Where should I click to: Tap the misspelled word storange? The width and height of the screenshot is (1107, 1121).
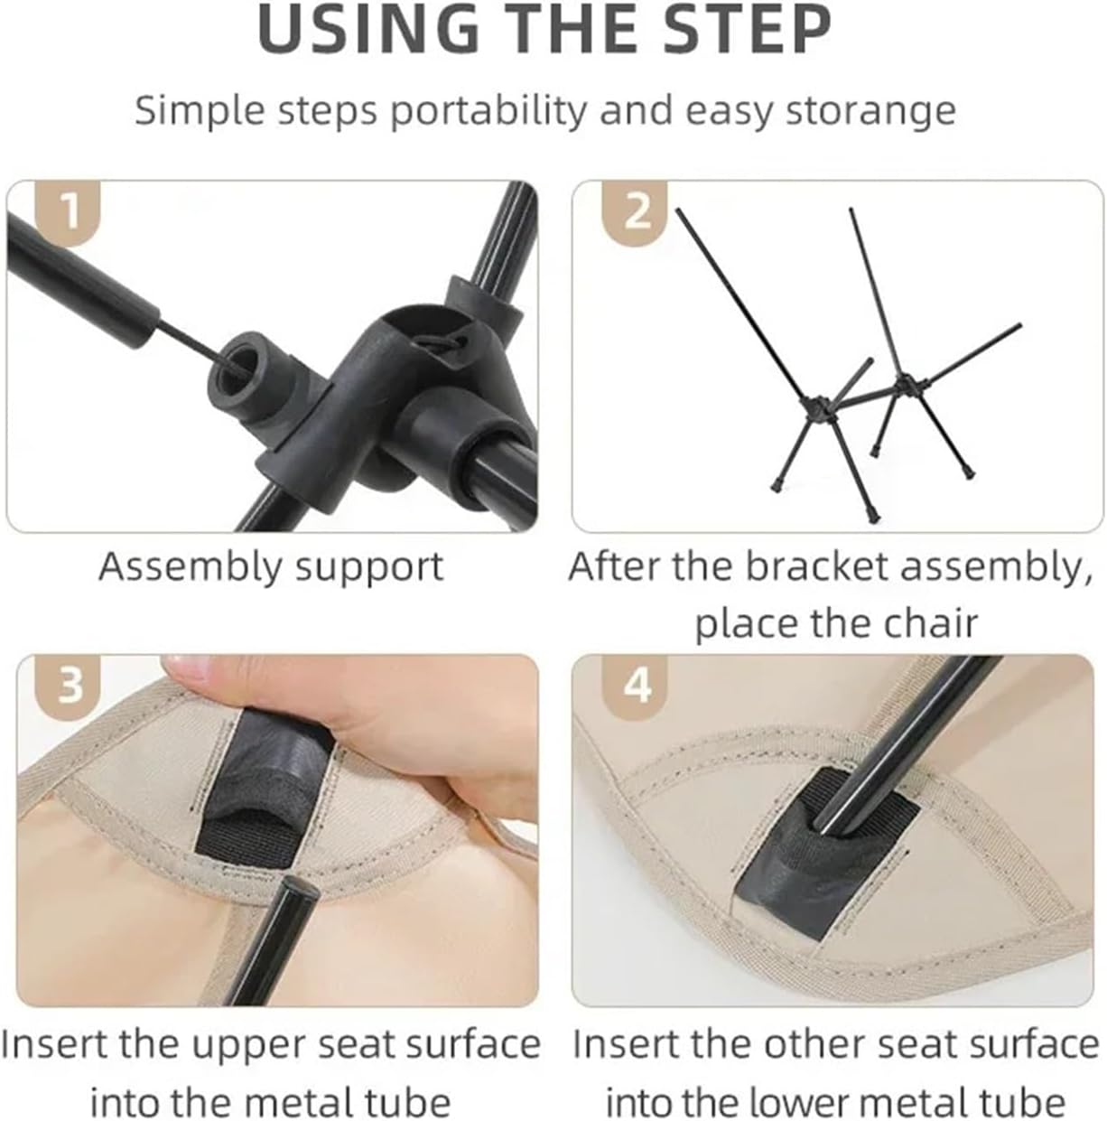click(870, 110)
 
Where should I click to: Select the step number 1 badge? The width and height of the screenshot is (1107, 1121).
click(68, 212)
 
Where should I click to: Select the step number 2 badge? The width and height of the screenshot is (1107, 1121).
click(635, 212)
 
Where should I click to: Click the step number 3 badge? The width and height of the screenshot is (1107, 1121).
click(68, 687)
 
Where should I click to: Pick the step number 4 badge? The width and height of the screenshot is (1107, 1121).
click(635, 687)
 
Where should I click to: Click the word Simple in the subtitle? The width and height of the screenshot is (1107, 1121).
click(200, 110)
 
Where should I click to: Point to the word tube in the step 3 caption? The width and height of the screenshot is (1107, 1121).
click(407, 1102)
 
